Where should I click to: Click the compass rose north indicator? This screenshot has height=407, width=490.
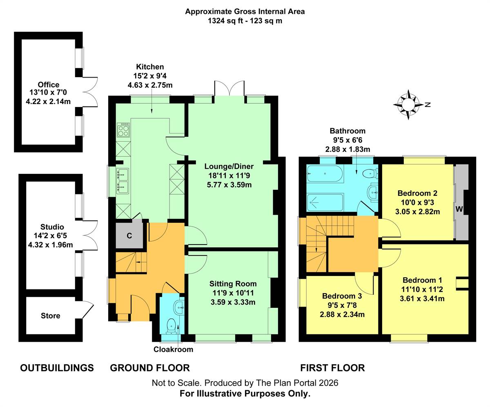tap(408, 105)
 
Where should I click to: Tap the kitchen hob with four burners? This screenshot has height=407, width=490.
tap(123, 130)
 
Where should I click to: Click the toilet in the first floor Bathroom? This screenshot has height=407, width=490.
tap(370, 174)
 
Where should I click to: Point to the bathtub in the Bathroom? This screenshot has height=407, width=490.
tap(325, 173)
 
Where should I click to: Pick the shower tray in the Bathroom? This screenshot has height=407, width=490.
tap(325, 202)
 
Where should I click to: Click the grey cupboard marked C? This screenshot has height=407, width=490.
tap(129, 235)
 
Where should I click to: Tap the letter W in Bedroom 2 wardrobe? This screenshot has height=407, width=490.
tap(459, 209)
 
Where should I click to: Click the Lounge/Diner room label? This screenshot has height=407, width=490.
tap(229, 166)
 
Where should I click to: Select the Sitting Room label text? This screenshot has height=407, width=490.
tap(233, 284)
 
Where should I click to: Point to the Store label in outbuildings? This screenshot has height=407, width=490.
tap(50, 316)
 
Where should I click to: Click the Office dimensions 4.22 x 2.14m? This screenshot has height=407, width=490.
tap(48, 101)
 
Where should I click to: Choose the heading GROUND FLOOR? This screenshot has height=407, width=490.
tap(150, 367)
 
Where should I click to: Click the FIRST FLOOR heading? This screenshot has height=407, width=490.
tap(332, 367)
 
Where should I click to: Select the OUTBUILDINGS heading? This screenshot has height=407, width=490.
tap(57, 367)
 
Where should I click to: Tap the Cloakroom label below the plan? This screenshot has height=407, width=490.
tap(173, 349)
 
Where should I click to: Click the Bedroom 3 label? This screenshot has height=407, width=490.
tap(342, 296)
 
